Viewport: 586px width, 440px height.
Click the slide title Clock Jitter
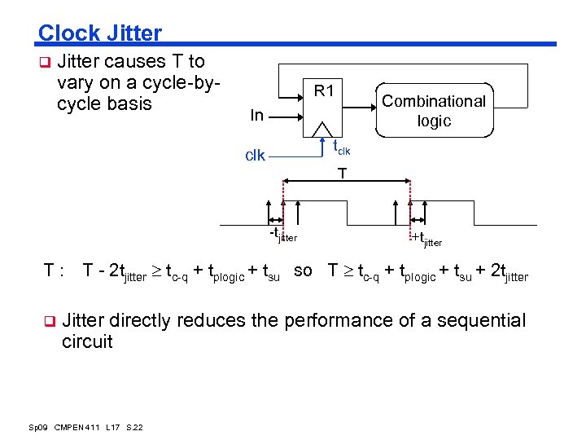(x=100, y=33)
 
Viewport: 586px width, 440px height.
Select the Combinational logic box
(x=434, y=111)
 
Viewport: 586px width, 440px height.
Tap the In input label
(x=257, y=116)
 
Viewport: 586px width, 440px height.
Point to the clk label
(x=256, y=156)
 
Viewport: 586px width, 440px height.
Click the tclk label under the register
(x=341, y=147)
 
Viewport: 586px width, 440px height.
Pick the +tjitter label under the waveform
(x=426, y=240)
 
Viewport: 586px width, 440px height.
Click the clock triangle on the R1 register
(x=323, y=130)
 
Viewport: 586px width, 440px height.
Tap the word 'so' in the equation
(x=303, y=271)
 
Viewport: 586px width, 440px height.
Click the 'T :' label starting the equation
(x=54, y=271)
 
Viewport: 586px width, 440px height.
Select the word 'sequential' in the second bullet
(x=483, y=321)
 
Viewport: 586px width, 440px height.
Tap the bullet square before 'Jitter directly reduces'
(x=48, y=321)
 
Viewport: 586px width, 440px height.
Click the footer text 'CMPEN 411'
(x=77, y=427)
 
